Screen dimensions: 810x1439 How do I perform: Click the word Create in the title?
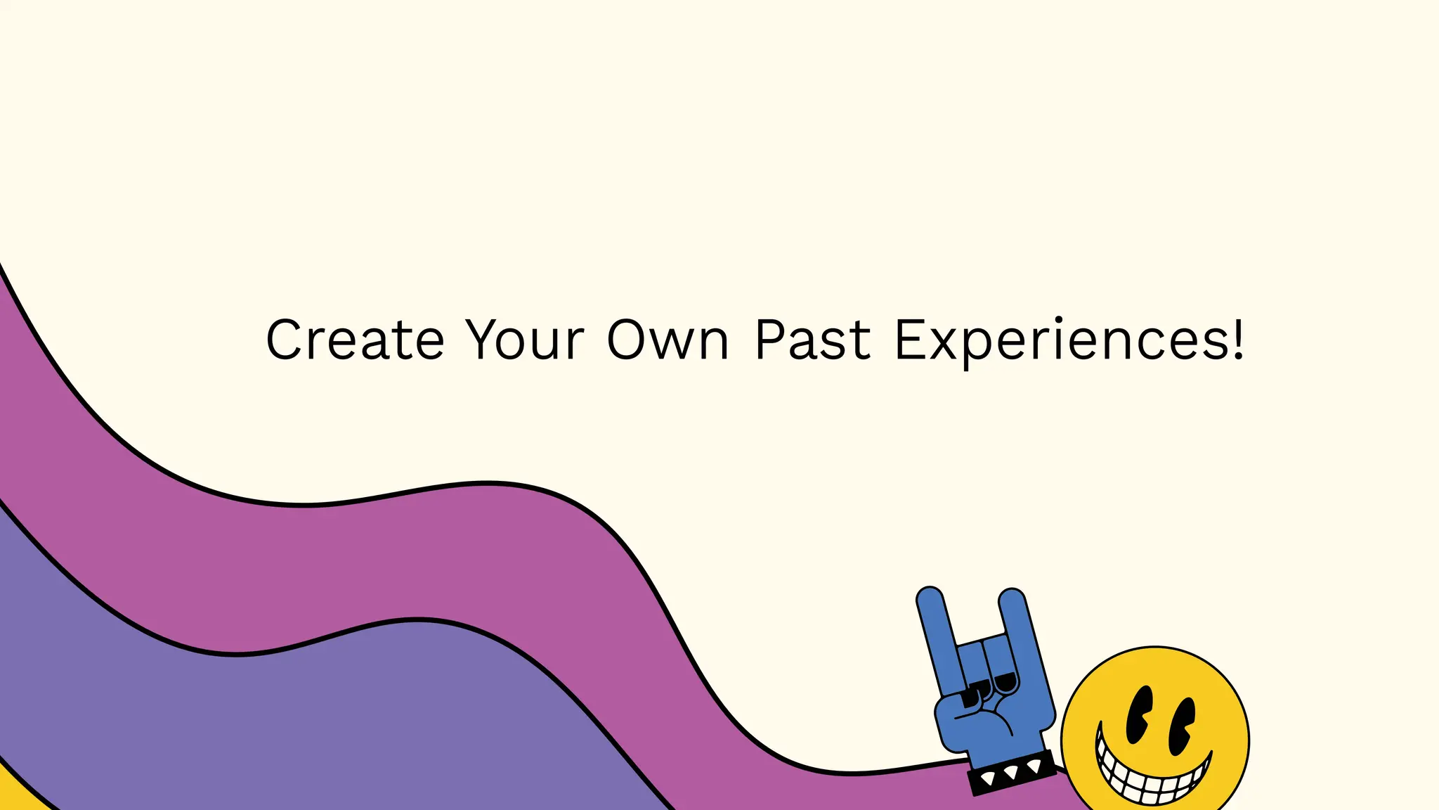[x=355, y=340]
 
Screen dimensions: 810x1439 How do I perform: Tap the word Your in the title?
[x=525, y=340]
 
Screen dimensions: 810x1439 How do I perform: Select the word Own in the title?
[x=668, y=340]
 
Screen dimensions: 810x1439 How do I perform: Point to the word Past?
[x=812, y=340]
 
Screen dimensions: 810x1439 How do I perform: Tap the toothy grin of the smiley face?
[x=1153, y=777]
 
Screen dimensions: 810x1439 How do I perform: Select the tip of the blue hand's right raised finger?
[x=1012, y=599]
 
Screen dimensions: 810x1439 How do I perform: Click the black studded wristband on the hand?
[x=1012, y=773]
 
